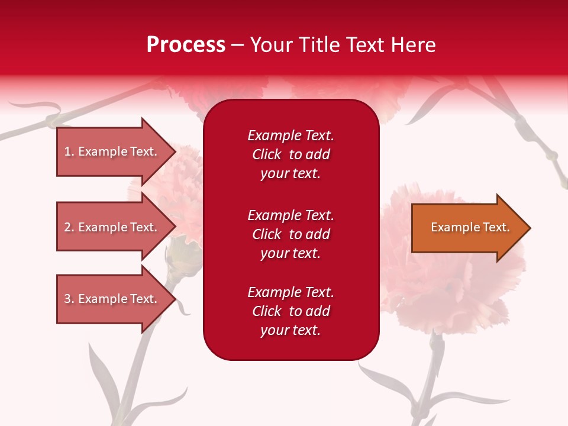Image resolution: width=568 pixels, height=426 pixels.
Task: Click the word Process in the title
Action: tap(186, 45)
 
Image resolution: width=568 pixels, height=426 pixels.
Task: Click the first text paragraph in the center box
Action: tap(291, 154)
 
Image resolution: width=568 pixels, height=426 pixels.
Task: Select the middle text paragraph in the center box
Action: tap(291, 234)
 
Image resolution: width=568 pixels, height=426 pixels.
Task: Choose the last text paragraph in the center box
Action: tap(291, 311)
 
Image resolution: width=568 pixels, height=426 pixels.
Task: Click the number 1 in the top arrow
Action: tap(67, 151)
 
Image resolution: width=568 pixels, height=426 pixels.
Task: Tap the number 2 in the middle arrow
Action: tap(67, 227)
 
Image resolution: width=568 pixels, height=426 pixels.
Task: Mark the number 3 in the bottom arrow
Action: tap(67, 299)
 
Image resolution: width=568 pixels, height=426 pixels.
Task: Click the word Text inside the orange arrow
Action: tap(496, 227)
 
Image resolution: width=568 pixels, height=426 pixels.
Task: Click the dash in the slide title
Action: tap(238, 46)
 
